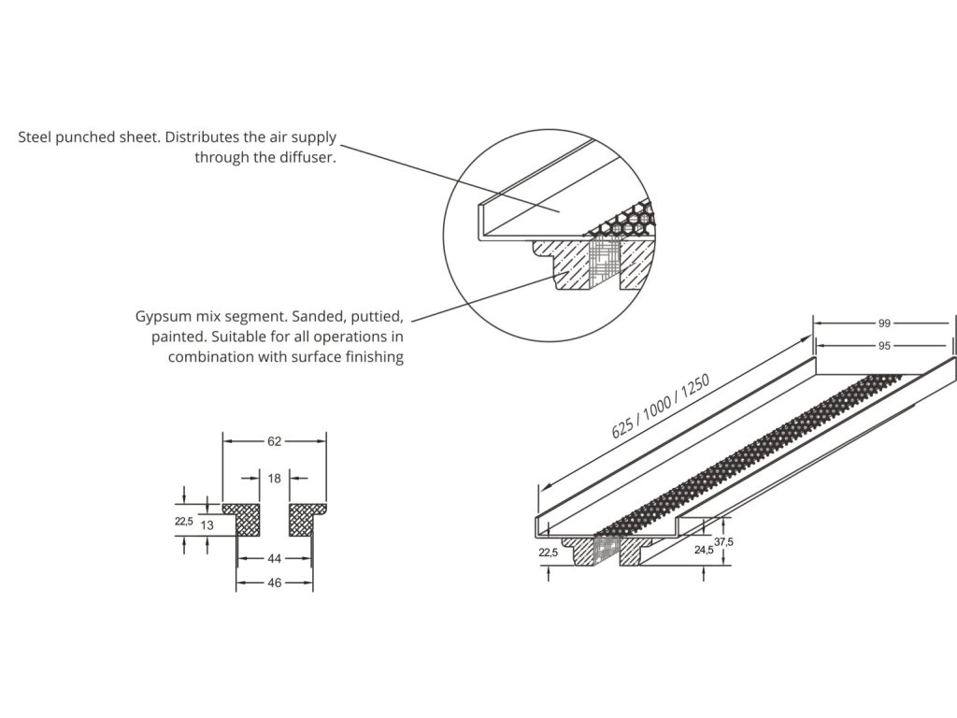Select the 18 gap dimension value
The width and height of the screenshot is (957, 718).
(274, 479)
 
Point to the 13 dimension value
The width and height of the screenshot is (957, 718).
(207, 526)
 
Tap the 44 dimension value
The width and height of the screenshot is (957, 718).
(274, 559)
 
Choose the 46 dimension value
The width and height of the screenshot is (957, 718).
(274, 582)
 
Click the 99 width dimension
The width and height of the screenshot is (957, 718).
(883, 323)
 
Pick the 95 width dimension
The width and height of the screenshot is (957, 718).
(883, 345)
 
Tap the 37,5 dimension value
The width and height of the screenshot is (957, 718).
(723, 541)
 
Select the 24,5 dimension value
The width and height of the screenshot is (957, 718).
(704, 552)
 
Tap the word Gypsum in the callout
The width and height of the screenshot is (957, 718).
(162, 316)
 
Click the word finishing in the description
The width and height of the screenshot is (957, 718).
(372, 357)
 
